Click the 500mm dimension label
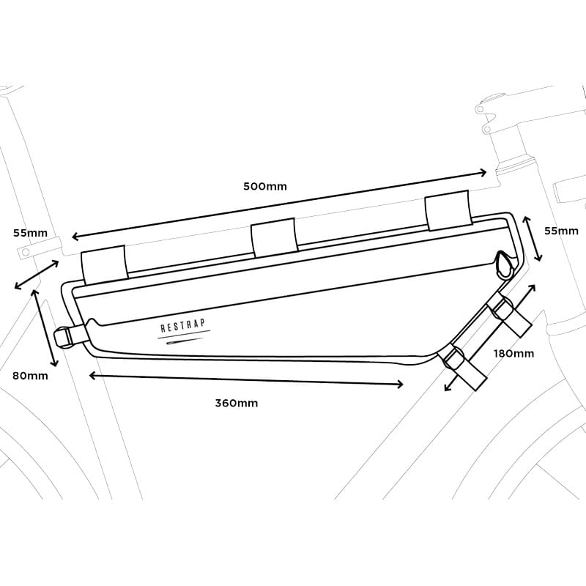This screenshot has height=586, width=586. (x=265, y=186)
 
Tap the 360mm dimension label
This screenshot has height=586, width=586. (x=236, y=404)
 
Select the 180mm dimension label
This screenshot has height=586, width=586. (x=514, y=354)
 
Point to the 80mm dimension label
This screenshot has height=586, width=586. (x=30, y=376)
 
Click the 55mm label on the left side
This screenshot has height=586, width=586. (x=30, y=233)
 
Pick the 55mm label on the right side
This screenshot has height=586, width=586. (x=561, y=231)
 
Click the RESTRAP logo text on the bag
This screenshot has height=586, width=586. (x=183, y=325)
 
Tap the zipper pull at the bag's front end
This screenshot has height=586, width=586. (x=505, y=265)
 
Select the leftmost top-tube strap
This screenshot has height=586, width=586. (x=105, y=264)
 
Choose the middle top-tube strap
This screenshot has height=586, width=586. (x=275, y=237)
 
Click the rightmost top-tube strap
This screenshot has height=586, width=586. (x=448, y=210)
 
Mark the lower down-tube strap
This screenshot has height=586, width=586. (x=463, y=367)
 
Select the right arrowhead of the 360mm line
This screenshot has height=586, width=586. (x=400, y=384)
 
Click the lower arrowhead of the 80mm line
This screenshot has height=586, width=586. (x=54, y=363)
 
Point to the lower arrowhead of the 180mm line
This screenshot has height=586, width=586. (x=448, y=387)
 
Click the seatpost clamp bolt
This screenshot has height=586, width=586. (x=26, y=252)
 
